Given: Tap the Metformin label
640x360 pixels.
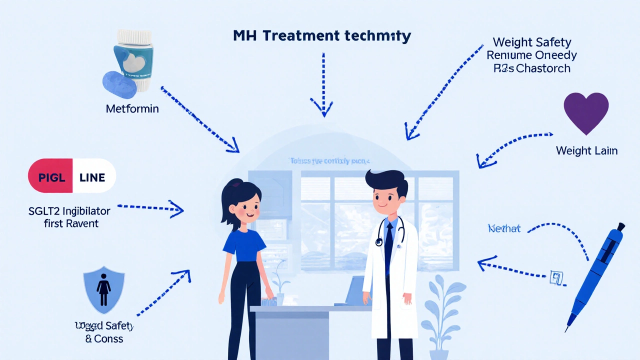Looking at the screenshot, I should click(132, 108).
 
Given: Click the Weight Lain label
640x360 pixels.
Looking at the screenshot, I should click(586, 150).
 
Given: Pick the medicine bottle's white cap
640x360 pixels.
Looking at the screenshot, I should click(133, 36).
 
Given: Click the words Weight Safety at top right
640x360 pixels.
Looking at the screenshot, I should click(532, 42).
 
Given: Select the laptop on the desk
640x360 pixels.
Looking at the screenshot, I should click(357, 290).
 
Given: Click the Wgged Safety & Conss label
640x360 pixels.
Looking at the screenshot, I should click(104, 332).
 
